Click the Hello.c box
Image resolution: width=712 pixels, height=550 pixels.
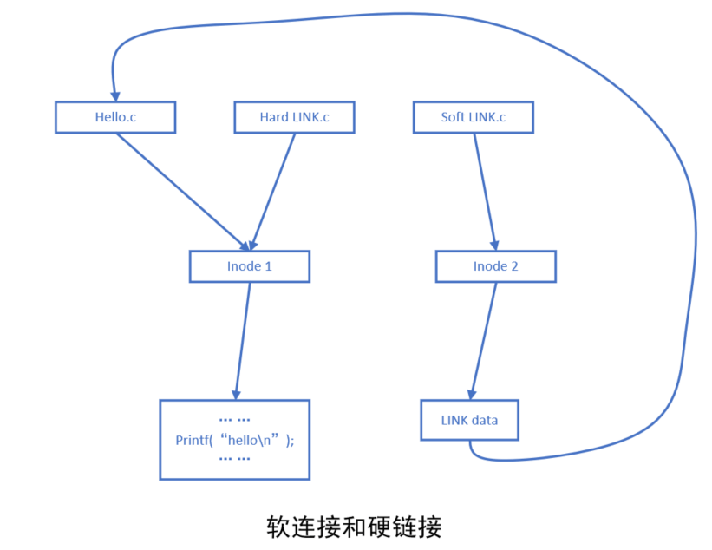coord(115,117)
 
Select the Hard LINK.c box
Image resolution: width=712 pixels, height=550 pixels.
coord(294,117)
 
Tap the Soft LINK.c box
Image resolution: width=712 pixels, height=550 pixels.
coord(474,117)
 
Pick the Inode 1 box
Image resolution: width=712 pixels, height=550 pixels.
coord(249,266)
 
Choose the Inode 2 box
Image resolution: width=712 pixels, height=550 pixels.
coord(495,266)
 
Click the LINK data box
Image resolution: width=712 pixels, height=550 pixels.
coord(469,420)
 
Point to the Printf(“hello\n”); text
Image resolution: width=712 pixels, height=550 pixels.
coord(234,440)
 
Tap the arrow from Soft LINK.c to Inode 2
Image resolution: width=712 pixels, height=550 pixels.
coord(485,191)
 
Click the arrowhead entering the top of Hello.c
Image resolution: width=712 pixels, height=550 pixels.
coord(113,95)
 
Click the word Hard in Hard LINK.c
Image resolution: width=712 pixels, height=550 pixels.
coord(274,117)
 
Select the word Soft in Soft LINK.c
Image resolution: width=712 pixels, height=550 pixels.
coord(453,117)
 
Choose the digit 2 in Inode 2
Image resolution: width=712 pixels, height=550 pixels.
coord(514,266)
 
